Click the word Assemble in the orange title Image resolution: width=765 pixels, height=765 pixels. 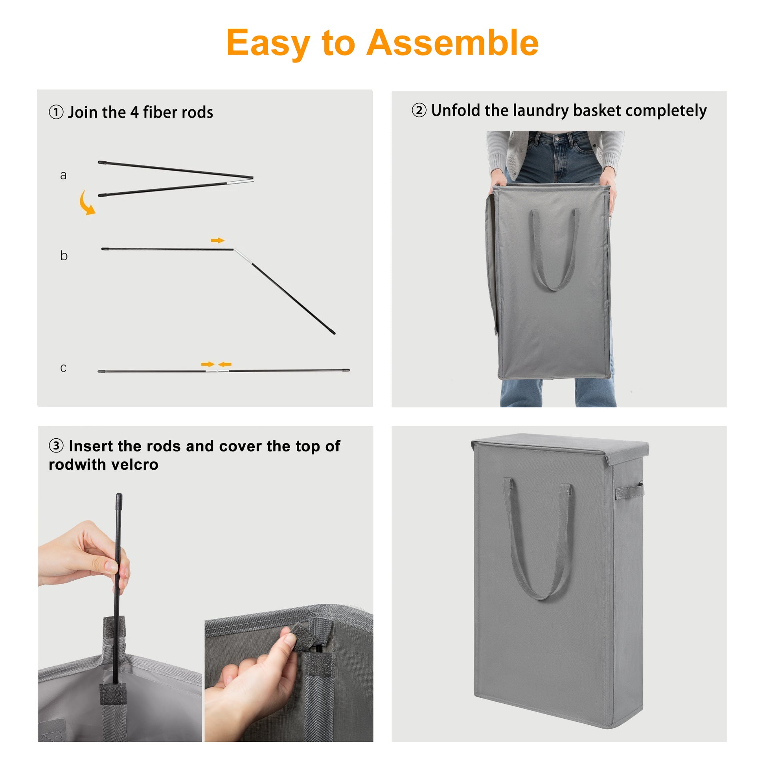tap(452, 43)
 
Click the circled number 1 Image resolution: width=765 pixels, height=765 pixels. tap(56, 112)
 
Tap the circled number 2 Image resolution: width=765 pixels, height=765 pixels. tap(419, 110)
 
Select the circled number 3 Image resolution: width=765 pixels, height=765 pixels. tap(56, 446)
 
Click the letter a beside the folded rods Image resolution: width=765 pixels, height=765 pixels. tap(63, 175)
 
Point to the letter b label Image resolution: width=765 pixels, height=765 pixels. tap(64, 256)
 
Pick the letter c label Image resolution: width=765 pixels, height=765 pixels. tap(63, 368)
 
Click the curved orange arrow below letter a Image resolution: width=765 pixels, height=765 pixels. tap(87, 203)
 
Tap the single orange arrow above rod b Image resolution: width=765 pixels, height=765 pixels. tap(217, 240)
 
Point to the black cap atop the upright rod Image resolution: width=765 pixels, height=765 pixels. tap(119, 501)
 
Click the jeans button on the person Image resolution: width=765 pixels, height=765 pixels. tap(557, 139)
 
